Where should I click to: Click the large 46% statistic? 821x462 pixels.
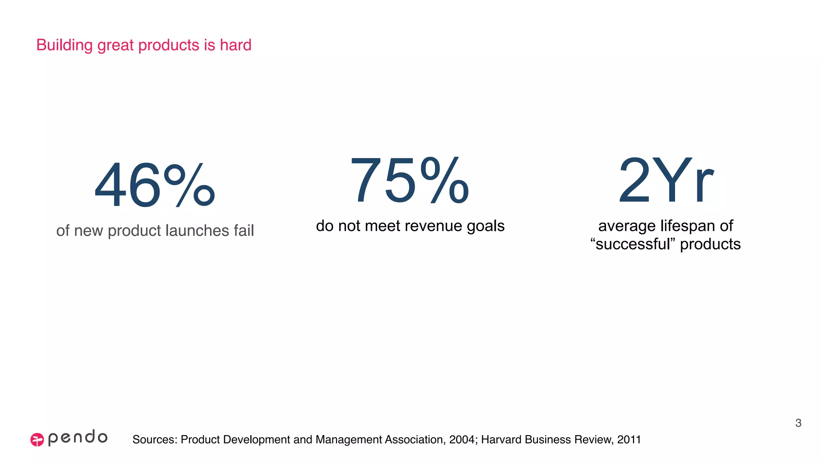tap(154, 185)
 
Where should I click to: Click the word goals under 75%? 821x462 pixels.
tap(485, 227)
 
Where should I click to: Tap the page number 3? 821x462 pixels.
tap(798, 423)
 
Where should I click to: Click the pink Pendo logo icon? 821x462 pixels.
tap(37, 440)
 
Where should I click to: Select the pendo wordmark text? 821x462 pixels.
tap(78, 438)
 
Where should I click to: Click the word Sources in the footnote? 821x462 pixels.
tap(155, 440)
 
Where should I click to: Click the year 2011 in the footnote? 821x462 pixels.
tap(629, 440)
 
